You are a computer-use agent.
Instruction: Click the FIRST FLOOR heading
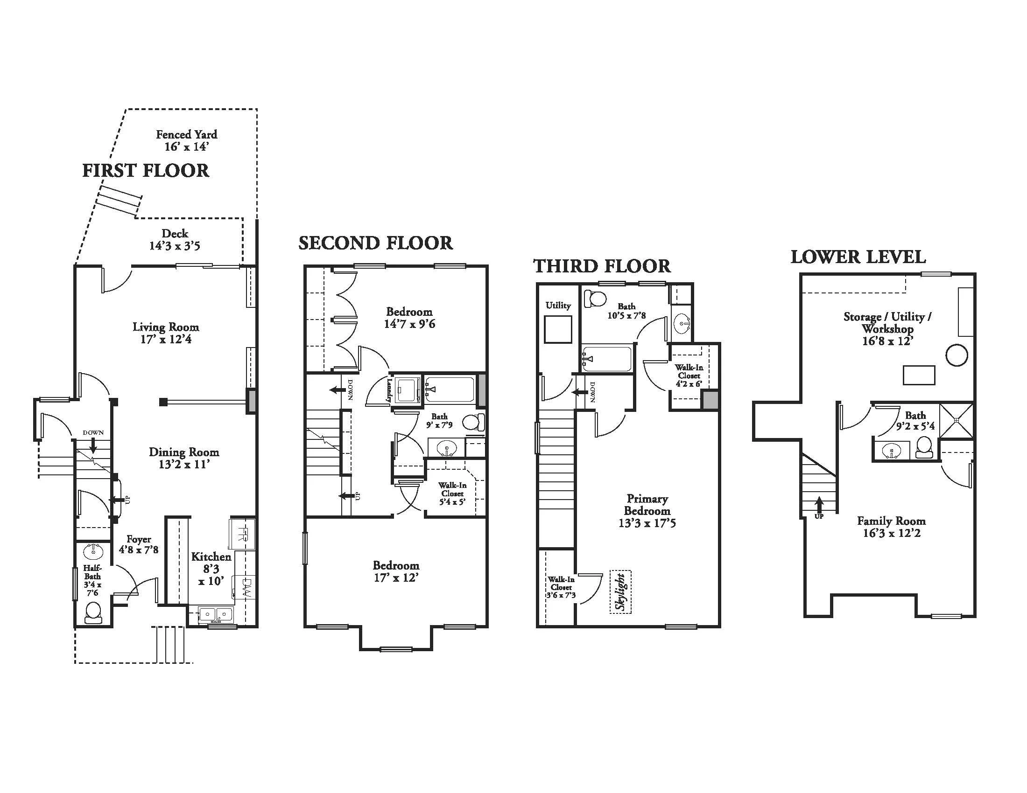tap(146, 171)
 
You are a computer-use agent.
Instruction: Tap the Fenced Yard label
tap(187, 134)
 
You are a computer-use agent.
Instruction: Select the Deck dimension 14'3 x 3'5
tap(175, 246)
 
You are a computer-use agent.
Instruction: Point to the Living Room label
tap(166, 327)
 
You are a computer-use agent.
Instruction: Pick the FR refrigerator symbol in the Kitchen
tap(242, 534)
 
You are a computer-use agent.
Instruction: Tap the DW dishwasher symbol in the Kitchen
tap(246, 588)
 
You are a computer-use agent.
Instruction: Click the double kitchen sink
tap(216, 614)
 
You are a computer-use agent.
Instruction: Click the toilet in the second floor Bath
tap(473, 422)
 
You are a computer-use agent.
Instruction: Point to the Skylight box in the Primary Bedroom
tap(621, 591)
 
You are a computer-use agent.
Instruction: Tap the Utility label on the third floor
tap(558, 306)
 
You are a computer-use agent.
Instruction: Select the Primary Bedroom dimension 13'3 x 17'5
tap(647, 523)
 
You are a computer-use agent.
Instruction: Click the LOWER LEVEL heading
tap(858, 257)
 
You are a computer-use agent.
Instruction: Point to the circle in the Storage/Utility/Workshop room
tap(957, 355)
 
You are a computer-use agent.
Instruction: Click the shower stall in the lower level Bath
tap(956, 421)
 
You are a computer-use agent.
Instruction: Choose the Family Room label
tap(891, 521)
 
